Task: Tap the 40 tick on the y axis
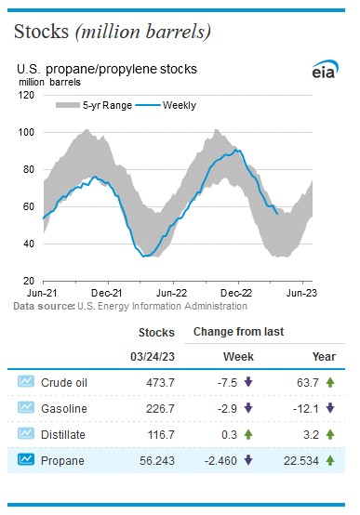tap(30, 244)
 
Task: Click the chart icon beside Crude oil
tap(26, 380)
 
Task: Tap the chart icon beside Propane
tap(26, 458)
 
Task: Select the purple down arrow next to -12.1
tap(330, 406)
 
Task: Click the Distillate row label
tap(66, 432)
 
